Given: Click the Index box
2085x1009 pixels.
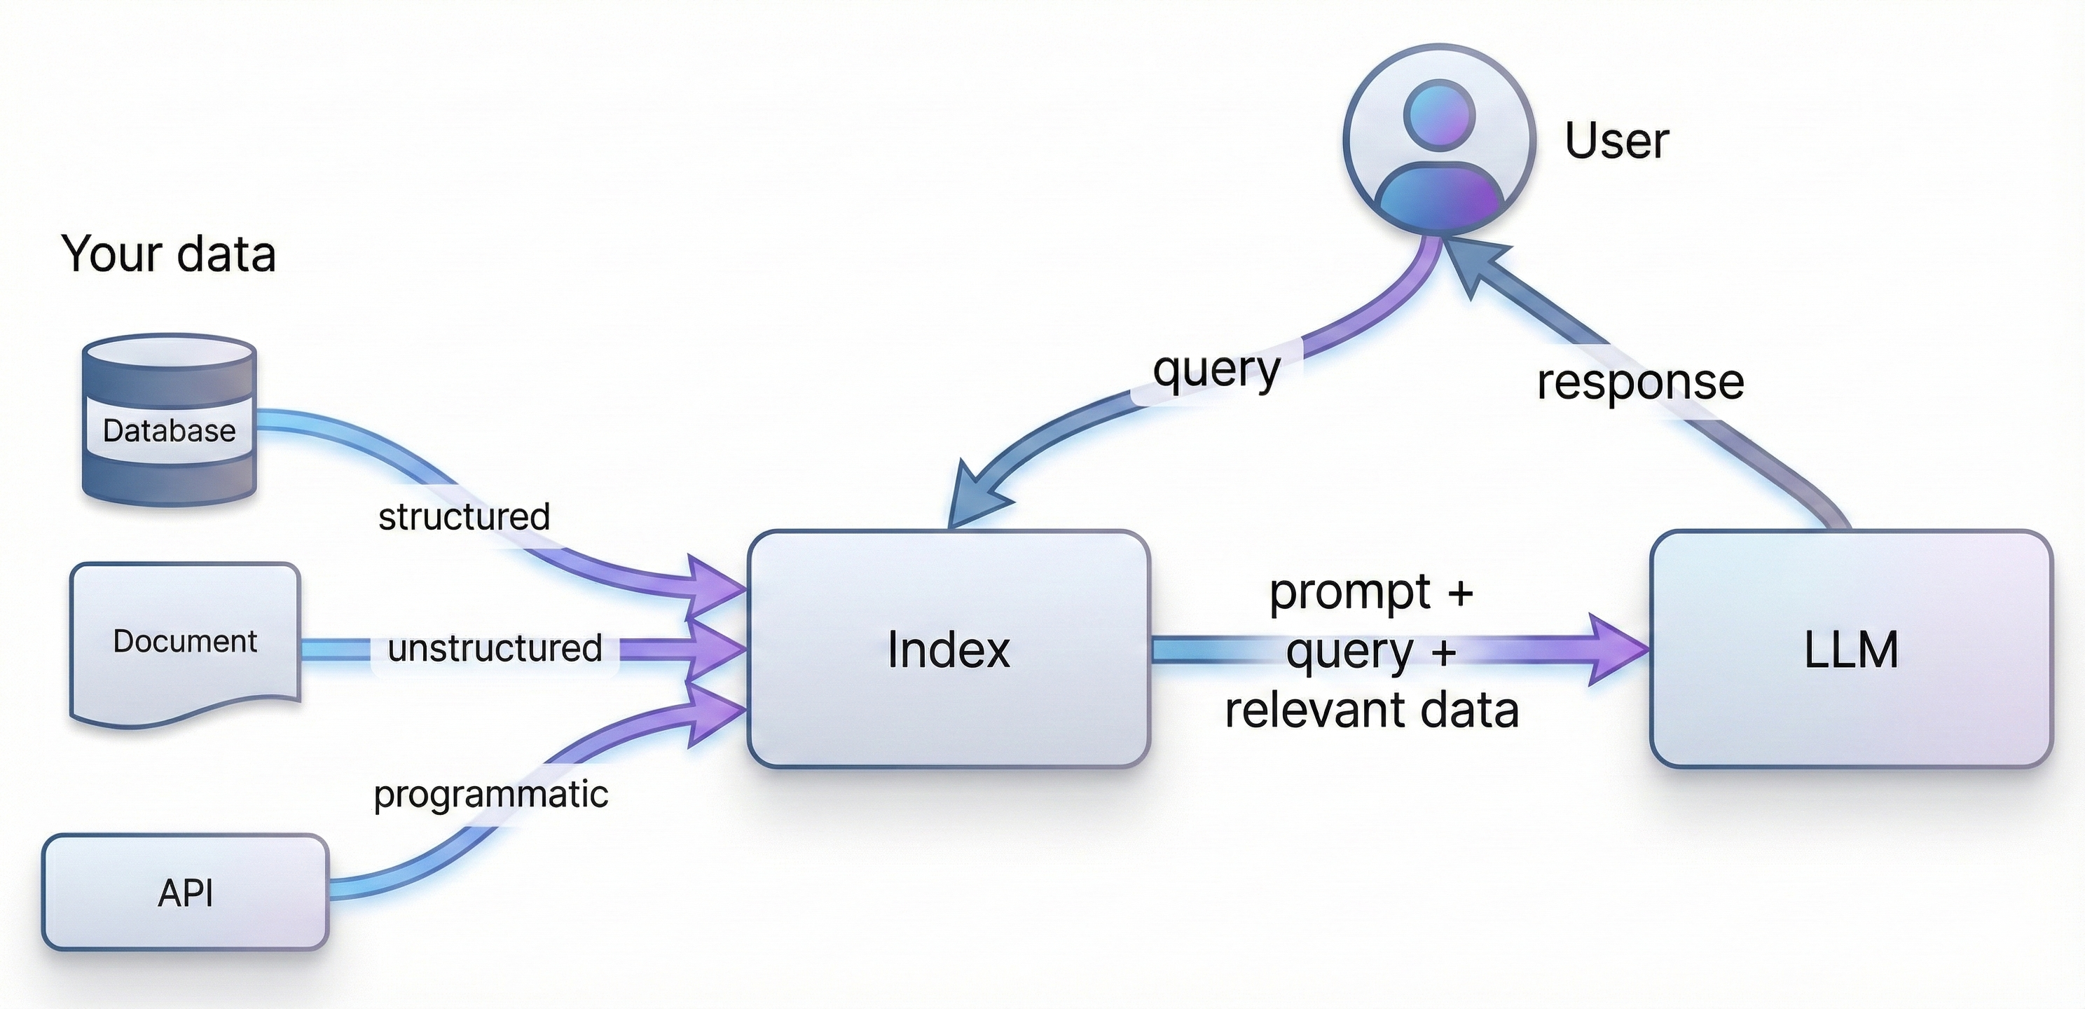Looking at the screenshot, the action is [949, 649].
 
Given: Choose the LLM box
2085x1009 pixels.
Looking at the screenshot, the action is [1851, 649].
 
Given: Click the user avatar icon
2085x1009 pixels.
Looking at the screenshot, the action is [1439, 139].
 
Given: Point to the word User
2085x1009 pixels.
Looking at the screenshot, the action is [1616, 141].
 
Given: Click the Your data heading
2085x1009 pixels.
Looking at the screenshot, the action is [168, 254].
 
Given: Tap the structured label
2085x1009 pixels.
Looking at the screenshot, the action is [464, 516].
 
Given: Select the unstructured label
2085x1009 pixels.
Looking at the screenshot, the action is [495, 648].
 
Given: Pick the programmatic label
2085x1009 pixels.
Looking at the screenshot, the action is [490, 795].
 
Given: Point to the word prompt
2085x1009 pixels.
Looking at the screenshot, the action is [1350, 593].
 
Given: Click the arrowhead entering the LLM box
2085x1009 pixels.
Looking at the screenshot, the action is [1617, 650].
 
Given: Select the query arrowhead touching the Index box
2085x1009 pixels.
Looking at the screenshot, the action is [977, 495].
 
